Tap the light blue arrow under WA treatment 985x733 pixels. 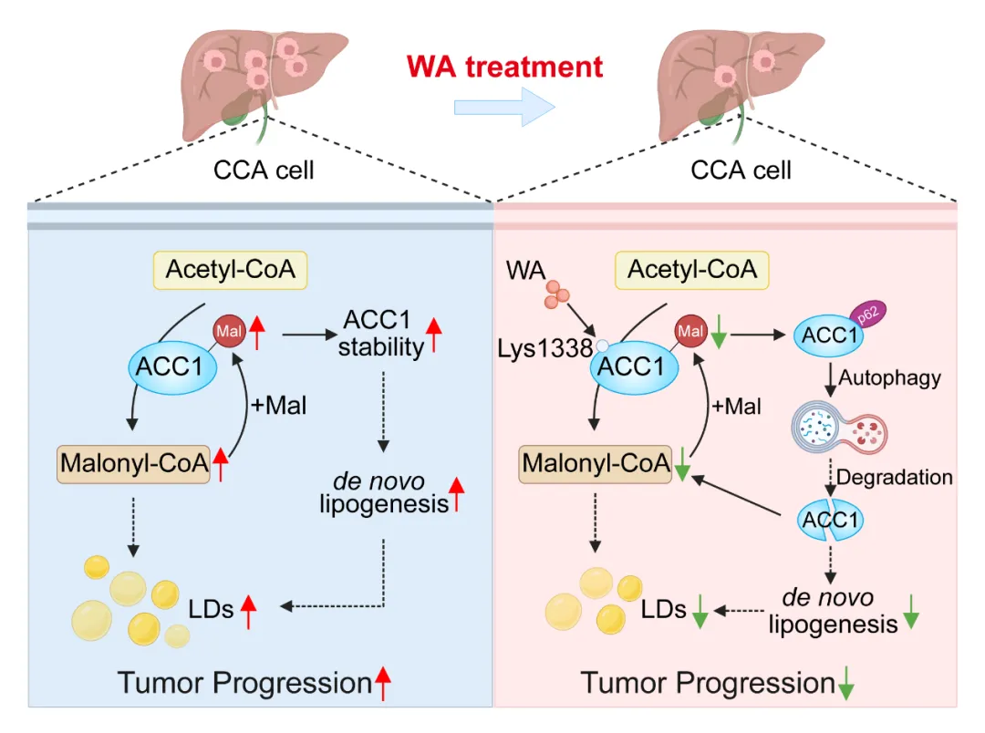pos(504,108)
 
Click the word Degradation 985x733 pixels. pos(894,477)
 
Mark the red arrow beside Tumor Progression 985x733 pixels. pos(383,683)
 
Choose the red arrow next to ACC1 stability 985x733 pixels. pos(434,334)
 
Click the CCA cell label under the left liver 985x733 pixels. pos(264,170)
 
